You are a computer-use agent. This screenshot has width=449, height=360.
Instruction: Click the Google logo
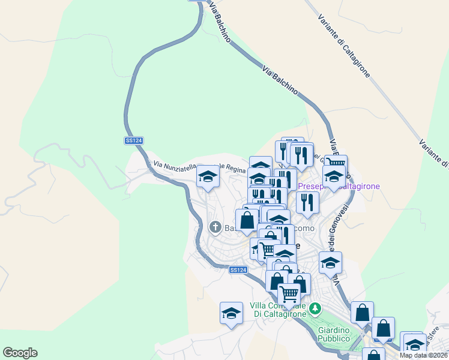[20, 353]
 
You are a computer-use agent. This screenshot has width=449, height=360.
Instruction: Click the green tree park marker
[315, 310]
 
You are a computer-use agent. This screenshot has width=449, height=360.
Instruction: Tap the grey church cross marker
[215, 227]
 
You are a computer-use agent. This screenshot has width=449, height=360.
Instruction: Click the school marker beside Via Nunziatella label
[208, 176]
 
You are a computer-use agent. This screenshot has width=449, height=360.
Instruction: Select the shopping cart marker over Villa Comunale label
[289, 294]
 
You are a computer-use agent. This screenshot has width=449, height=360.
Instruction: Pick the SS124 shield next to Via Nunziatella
[134, 140]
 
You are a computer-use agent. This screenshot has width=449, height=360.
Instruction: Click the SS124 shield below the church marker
[238, 270]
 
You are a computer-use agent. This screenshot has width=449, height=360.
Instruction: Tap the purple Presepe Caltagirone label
[339, 187]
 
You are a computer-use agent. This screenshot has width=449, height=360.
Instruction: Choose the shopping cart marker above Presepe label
[336, 162]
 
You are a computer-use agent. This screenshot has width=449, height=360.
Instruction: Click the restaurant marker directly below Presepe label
[307, 202]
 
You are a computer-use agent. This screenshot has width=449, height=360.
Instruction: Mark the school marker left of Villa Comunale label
[231, 313]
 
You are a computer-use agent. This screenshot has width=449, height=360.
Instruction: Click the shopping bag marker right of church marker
[247, 220]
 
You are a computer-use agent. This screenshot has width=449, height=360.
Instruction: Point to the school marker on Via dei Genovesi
[330, 262]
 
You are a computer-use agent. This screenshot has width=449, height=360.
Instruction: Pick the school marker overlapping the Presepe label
[333, 176]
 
